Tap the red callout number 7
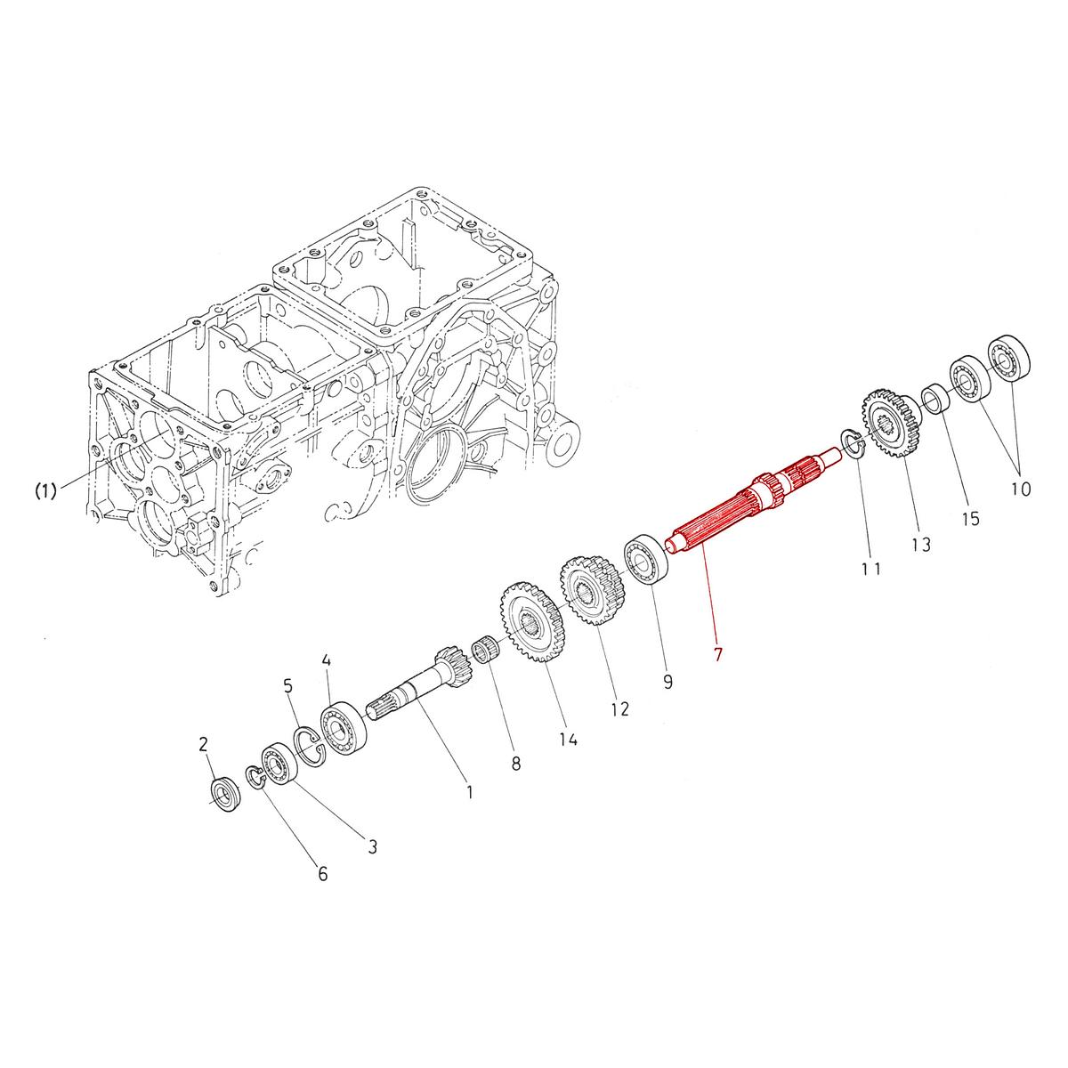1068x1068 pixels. click(718, 654)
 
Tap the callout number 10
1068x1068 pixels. click(1020, 489)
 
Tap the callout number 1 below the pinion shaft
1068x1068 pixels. click(469, 791)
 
